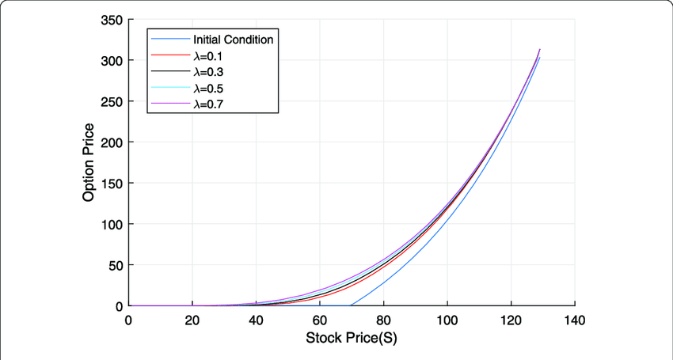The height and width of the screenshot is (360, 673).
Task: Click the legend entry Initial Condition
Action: click(233, 40)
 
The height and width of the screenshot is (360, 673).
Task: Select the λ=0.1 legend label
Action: click(208, 56)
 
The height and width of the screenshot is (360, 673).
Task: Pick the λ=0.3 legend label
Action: click(208, 72)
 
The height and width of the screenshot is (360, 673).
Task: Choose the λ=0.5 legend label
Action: click(208, 88)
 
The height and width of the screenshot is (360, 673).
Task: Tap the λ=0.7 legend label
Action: click(208, 104)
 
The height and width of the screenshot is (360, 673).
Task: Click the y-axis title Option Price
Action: click(89, 162)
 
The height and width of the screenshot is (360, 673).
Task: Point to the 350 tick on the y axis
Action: click(110, 21)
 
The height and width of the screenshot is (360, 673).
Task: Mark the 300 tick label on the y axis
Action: click(110, 61)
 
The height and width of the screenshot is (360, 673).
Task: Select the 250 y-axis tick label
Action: click(110, 102)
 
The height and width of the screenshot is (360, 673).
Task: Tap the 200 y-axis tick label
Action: click(110, 142)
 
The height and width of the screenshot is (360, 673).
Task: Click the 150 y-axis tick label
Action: click(110, 184)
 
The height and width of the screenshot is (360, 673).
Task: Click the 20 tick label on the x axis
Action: click(192, 320)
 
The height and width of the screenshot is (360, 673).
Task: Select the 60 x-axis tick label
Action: click(320, 320)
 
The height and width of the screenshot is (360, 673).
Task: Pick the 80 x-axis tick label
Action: click(383, 320)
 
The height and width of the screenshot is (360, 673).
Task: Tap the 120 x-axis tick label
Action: click(511, 320)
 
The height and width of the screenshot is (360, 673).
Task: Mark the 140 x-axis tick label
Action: click(574, 320)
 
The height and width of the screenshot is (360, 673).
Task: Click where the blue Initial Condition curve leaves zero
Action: click(351, 305)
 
